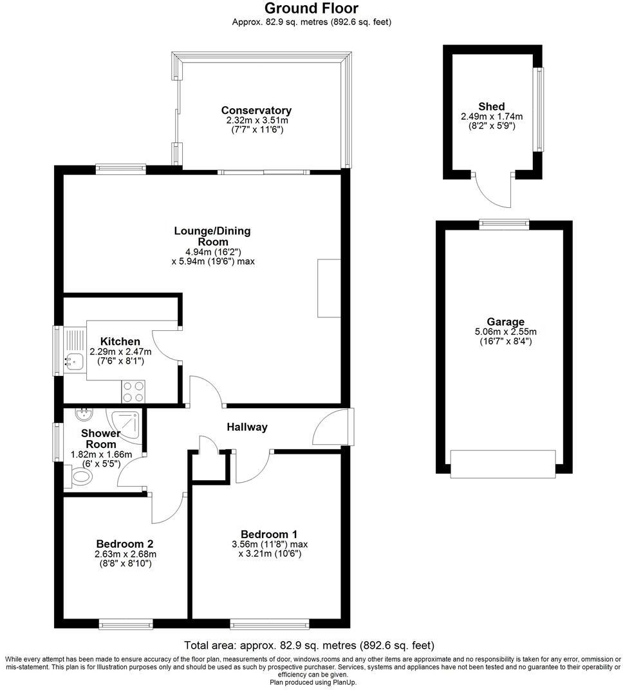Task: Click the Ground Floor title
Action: click(311, 8)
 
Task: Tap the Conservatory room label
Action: click(256, 111)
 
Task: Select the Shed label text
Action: click(491, 106)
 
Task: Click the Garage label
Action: click(505, 322)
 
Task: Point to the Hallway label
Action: click(246, 427)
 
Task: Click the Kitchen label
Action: click(120, 341)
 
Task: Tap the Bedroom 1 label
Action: click(269, 534)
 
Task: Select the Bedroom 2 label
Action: click(125, 543)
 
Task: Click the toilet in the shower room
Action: click(81, 478)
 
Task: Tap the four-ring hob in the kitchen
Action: click(133, 391)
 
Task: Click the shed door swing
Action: click(492, 190)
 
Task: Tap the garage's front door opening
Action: click(503, 464)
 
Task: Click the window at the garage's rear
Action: click(504, 223)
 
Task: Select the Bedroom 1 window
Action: click(270, 623)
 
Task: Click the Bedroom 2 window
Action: click(126, 623)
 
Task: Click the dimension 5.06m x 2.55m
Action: click(505, 332)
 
